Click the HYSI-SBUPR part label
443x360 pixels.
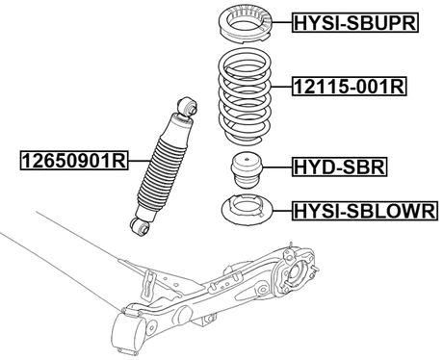tap(353, 23)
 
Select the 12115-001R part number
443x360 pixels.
tap(349, 87)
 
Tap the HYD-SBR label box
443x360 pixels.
tap(338, 167)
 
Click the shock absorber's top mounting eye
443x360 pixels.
tap(189, 103)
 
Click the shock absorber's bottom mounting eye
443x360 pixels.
tap(139, 226)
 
